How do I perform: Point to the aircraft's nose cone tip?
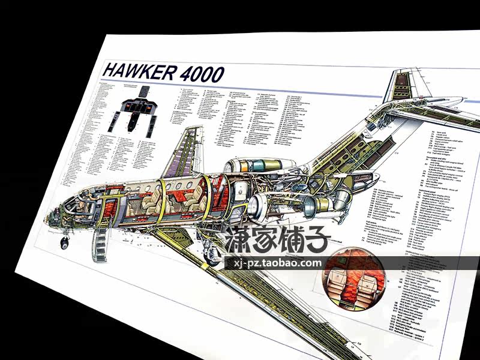click(x=48, y=223)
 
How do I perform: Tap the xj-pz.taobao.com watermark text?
click(x=274, y=263)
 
